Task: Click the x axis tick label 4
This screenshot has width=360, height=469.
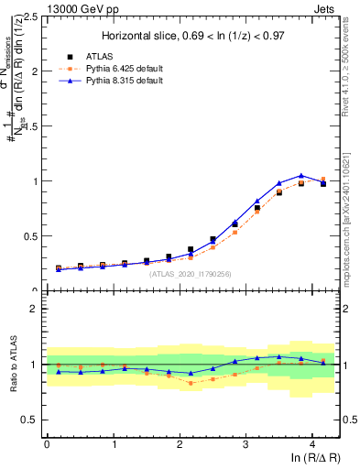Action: pos(312,444)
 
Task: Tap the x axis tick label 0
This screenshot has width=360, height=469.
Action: pos(47,444)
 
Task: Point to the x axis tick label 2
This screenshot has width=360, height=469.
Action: pos(180,444)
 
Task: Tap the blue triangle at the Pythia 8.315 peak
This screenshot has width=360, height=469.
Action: pos(301,175)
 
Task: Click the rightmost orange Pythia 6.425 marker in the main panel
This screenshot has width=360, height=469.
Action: pos(323,180)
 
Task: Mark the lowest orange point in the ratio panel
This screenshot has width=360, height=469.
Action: pos(191,383)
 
